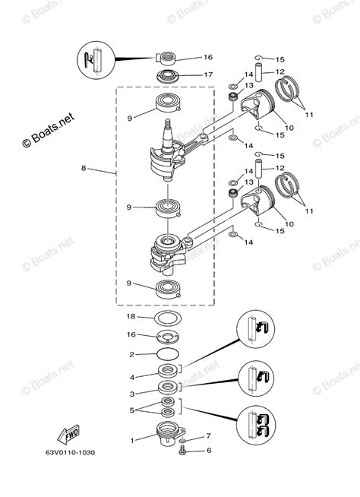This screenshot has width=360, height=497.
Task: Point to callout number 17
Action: pyautogui.click(x=187, y=74)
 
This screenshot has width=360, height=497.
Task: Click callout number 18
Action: pyautogui.click(x=131, y=315)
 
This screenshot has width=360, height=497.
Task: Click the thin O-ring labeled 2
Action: pyautogui.click(x=166, y=355)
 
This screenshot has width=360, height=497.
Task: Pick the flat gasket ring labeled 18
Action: pyautogui.click(x=166, y=317)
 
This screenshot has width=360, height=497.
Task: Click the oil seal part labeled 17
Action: pyautogui.click(x=166, y=75)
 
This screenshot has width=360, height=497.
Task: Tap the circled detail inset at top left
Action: pyautogui.click(x=96, y=59)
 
